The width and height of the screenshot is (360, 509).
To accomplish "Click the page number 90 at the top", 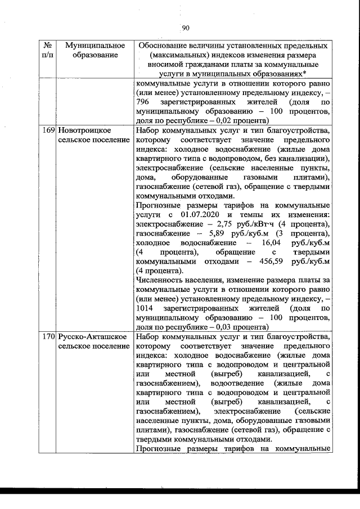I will point(186,29).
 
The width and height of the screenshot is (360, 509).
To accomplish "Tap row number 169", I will point(48,130).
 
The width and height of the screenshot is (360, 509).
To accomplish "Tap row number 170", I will point(48,336).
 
